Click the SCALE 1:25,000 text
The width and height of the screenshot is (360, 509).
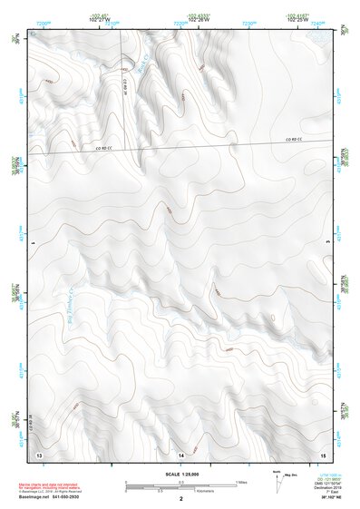point(180,474)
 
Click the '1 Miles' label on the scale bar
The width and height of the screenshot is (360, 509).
point(240,481)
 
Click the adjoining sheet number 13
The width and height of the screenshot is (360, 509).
point(38,453)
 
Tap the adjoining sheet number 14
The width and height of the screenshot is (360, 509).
point(180,453)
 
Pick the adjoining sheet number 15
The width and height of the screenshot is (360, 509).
point(322,453)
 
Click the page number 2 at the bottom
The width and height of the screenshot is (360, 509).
point(180,499)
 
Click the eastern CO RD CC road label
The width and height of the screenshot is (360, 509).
point(292,139)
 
